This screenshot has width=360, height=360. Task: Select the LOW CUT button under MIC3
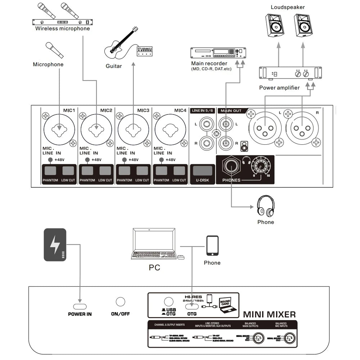(142, 171)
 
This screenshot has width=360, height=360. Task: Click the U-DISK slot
(202, 171)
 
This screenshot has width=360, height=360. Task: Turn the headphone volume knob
(260, 166)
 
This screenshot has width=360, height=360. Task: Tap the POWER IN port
(80, 306)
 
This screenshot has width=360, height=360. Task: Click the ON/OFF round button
(120, 302)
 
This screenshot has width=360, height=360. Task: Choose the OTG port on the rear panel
(192, 306)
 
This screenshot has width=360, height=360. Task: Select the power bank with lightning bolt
(55, 244)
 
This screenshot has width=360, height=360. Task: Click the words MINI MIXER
(269, 315)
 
